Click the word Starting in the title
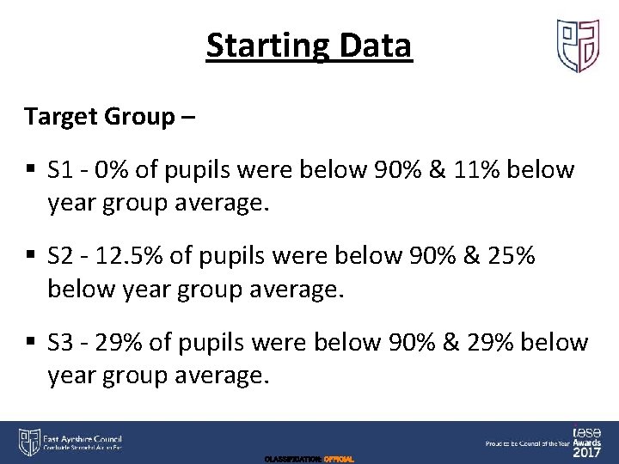tap(264, 46)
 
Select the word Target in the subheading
tap(56, 117)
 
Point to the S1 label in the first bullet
tap(61, 170)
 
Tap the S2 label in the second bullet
tap(61, 256)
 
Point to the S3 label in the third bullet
tap(61, 342)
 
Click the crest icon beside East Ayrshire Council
tap(28, 441)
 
